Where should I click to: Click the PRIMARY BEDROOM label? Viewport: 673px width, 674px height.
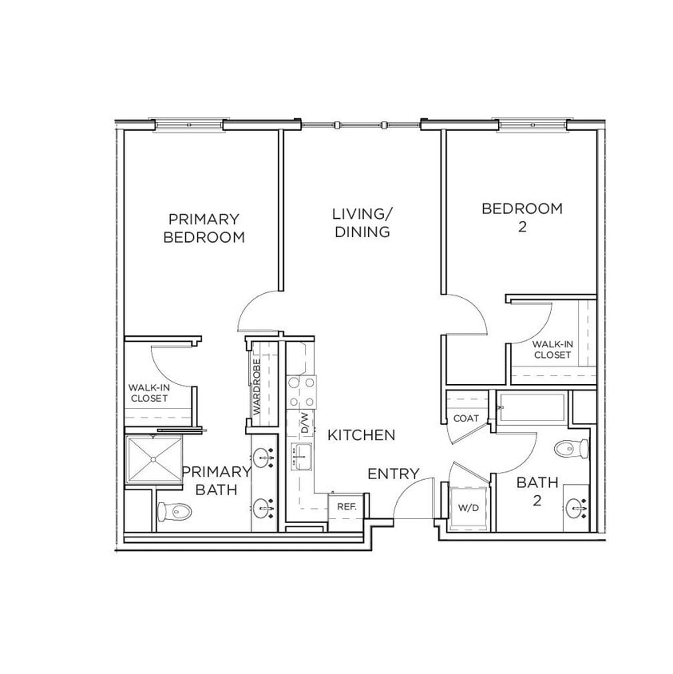203,228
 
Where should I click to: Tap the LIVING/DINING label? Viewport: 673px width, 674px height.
362,223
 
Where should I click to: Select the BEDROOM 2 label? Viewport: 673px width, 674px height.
521,217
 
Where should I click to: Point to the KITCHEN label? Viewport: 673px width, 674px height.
361,435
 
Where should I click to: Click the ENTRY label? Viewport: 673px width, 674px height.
393,474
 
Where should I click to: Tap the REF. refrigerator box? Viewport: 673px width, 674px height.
346,506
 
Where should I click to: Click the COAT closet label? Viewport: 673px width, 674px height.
465,418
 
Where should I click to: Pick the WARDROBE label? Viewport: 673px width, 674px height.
257,385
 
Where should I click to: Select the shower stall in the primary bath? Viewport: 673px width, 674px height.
153,462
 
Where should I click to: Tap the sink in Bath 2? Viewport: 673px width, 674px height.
576,506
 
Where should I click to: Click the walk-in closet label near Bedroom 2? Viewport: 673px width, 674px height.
552,349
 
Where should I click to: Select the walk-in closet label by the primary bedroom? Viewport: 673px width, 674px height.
148,392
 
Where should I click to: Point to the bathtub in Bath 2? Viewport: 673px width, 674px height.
532,408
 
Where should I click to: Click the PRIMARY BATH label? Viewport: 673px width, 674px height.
216,480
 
